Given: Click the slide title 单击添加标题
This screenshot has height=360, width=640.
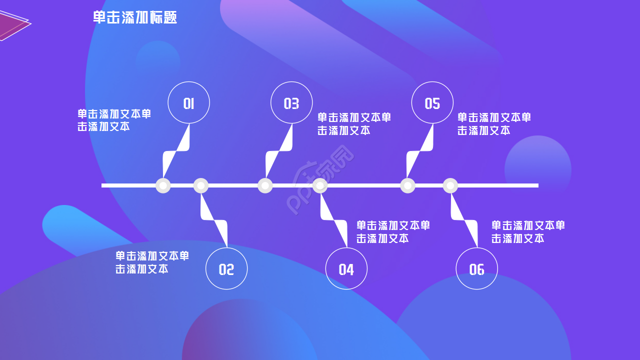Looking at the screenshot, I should [x=135, y=17].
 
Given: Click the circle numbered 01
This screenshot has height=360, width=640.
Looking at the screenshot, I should [x=188, y=102].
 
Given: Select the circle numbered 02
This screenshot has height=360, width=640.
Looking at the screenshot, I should [x=226, y=268].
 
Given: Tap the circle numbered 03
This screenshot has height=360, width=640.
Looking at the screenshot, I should [x=291, y=102].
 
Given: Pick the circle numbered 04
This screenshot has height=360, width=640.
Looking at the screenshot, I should [x=346, y=268].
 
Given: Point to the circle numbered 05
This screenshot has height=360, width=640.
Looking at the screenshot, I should [x=432, y=102].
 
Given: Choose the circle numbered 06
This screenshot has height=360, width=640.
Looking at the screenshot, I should [x=477, y=268].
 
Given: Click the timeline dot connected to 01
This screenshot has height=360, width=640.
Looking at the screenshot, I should [x=163, y=185].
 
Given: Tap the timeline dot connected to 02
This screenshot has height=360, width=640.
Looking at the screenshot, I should [x=200, y=185].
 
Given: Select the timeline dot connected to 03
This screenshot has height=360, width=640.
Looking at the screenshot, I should [x=265, y=185].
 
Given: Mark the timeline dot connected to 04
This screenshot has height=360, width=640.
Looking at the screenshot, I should [x=320, y=185].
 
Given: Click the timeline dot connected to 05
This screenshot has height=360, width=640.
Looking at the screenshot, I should [x=408, y=185].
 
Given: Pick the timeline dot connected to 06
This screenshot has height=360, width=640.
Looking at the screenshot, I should [x=450, y=185].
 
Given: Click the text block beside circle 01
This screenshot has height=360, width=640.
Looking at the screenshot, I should [x=114, y=120].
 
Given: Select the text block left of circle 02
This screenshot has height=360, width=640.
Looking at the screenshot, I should [x=152, y=262].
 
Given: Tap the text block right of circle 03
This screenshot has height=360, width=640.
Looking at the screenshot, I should [x=354, y=124].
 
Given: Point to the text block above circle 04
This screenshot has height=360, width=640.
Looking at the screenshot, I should [x=393, y=231].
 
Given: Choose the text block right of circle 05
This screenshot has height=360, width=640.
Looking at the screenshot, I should [x=494, y=124].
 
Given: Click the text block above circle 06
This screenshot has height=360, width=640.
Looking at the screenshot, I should [x=528, y=231].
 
